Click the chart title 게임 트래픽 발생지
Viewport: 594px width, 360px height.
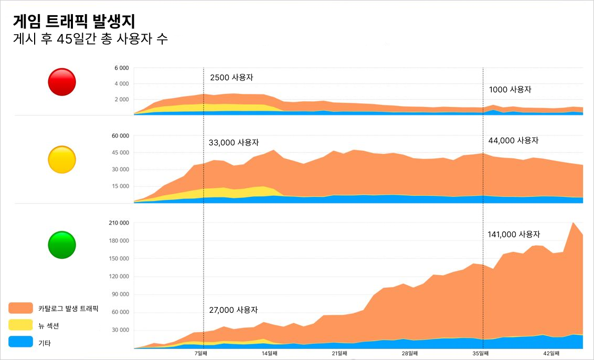(74, 21)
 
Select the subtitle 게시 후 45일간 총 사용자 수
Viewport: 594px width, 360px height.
(90, 39)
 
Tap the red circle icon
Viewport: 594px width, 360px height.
(62, 82)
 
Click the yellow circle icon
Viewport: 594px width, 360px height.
(62, 160)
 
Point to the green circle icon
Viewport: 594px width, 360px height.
(62, 245)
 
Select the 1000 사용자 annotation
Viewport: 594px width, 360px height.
(510, 90)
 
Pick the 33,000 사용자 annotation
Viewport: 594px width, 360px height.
(234, 142)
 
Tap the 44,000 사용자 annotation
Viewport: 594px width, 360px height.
(514, 141)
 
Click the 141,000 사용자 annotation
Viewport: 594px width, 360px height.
(514, 235)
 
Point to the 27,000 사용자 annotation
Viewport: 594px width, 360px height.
(234, 310)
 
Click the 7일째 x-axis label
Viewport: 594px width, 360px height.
(203, 354)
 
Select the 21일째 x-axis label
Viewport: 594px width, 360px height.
(340, 354)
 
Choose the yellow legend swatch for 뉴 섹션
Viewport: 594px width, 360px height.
(21, 325)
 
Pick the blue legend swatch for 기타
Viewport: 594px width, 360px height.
(21, 342)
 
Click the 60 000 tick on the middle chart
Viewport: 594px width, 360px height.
(120, 136)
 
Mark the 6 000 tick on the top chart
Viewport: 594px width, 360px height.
(121, 68)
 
